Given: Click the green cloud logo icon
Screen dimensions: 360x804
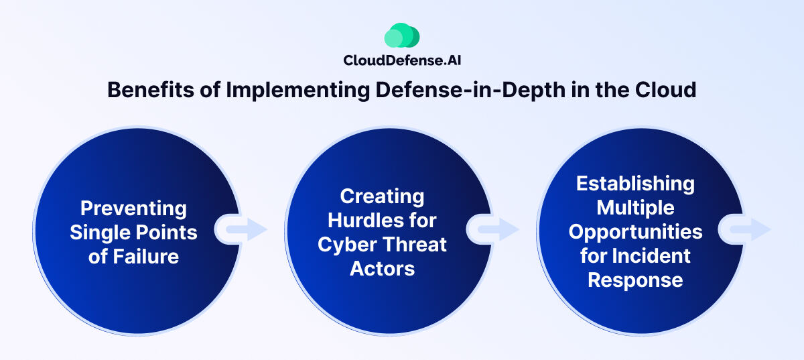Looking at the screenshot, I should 402,36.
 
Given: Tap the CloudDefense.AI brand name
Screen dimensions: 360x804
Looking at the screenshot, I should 402,60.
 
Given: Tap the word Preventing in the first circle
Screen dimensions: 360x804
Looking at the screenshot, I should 133,208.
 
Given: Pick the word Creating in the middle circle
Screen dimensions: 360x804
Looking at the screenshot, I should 382,196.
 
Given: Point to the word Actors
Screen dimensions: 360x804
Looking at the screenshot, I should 382,269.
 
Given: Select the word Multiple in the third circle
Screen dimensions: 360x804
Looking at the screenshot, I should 635,208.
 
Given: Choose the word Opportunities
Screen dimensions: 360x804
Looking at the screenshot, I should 635,232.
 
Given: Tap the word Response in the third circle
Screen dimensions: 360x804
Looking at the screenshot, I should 635,280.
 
